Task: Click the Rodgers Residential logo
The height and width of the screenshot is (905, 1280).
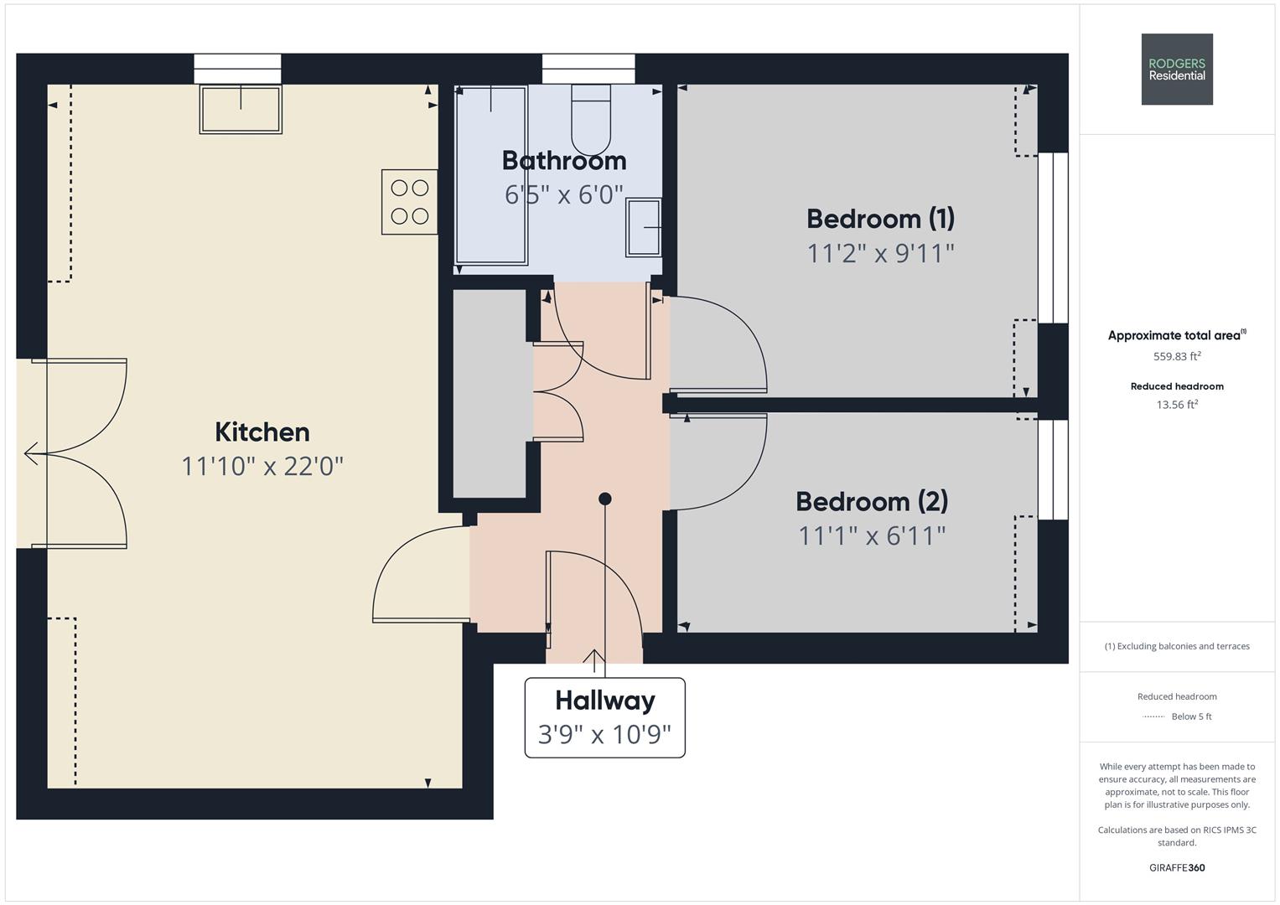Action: point(1177,69)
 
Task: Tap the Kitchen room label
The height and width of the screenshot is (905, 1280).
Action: point(262,432)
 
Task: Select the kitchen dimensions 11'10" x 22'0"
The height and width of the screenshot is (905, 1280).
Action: point(262,466)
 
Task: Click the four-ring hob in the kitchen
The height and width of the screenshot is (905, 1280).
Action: point(410,202)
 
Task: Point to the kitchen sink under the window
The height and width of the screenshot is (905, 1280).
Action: point(241,109)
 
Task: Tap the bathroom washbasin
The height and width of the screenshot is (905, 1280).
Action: point(644,227)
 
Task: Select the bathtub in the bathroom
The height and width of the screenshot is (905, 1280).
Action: point(491,175)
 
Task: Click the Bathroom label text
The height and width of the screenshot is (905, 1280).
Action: point(564,161)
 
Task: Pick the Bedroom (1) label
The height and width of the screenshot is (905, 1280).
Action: point(880,218)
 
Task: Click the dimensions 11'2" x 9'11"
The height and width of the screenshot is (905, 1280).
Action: point(880,253)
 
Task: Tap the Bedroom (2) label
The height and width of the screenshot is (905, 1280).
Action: point(872,501)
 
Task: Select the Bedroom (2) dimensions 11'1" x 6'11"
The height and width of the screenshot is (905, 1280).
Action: point(872,536)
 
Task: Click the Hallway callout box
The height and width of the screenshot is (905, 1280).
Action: point(604,717)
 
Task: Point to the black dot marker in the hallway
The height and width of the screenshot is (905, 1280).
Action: point(605,499)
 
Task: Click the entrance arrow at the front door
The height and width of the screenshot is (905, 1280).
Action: point(594,660)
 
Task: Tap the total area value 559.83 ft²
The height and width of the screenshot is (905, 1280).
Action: point(1177,356)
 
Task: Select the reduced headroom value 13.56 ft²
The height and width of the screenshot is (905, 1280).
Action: point(1177,405)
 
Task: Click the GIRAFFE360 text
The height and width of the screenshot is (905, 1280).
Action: point(1177,867)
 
